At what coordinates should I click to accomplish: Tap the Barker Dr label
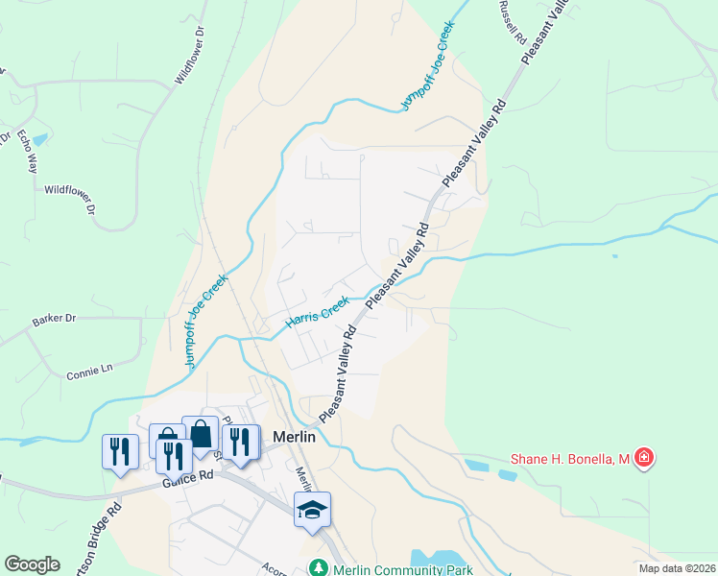pos(53,319)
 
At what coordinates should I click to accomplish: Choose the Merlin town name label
pos(294,436)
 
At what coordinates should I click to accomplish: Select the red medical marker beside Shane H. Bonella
pos(645,460)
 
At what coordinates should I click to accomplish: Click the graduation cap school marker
pos(312,509)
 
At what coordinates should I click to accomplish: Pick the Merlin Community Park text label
pos(403,569)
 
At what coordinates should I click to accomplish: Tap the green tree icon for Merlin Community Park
pos(320,569)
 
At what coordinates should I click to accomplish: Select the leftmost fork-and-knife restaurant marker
pos(120,449)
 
